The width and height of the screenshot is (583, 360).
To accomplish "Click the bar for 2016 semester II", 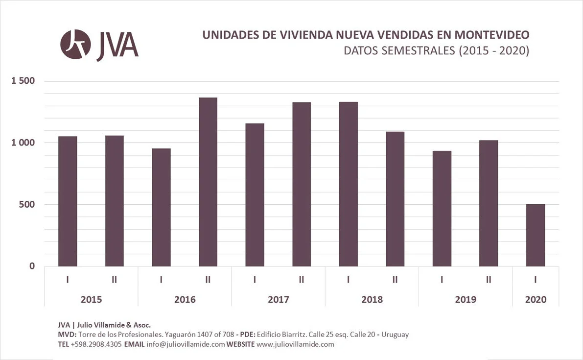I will pos(208,182).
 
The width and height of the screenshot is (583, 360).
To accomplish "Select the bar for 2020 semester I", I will pos(536,235).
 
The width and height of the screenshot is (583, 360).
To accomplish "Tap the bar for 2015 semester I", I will pos(68,201).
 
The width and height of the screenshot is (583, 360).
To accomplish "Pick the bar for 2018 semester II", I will pos(395,199).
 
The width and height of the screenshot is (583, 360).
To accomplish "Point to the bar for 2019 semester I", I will pos(442,209).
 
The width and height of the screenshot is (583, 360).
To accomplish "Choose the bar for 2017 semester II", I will pos(302,184).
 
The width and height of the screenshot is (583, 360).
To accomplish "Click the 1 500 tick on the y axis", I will pos(23,81).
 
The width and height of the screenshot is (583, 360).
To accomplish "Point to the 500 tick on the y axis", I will pos(27,204).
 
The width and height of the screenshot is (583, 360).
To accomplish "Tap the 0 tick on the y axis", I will pos(32,266).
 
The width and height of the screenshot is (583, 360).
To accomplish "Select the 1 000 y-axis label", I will pos(23,143).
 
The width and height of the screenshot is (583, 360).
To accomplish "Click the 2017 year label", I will pos(278,299).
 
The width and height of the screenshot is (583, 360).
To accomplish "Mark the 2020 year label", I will pos(536,299).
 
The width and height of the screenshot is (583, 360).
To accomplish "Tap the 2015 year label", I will pos(91,299).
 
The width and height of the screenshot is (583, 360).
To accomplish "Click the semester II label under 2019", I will pos(489,280).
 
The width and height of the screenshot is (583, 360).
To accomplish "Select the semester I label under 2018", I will pos(348,280).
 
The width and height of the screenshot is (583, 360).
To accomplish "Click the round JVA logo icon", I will pos(75,45).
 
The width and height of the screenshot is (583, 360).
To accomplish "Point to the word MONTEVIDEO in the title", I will pos(491,35).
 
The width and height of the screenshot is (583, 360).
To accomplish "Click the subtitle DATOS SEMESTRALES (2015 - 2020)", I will pos(436,50).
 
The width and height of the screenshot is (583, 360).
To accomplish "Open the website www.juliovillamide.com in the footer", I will pos(295,344).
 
